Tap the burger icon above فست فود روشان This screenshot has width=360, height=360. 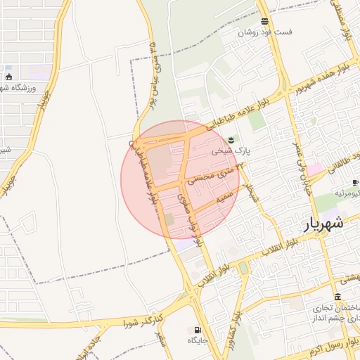(x=264, y=22)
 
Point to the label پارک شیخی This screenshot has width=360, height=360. (x=231, y=150)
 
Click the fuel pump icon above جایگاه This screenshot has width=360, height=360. (x=196, y=329)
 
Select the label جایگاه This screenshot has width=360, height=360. (x=196, y=340)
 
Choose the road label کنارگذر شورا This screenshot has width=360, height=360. (x=144, y=322)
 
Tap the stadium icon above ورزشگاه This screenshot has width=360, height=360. (x=8, y=77)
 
